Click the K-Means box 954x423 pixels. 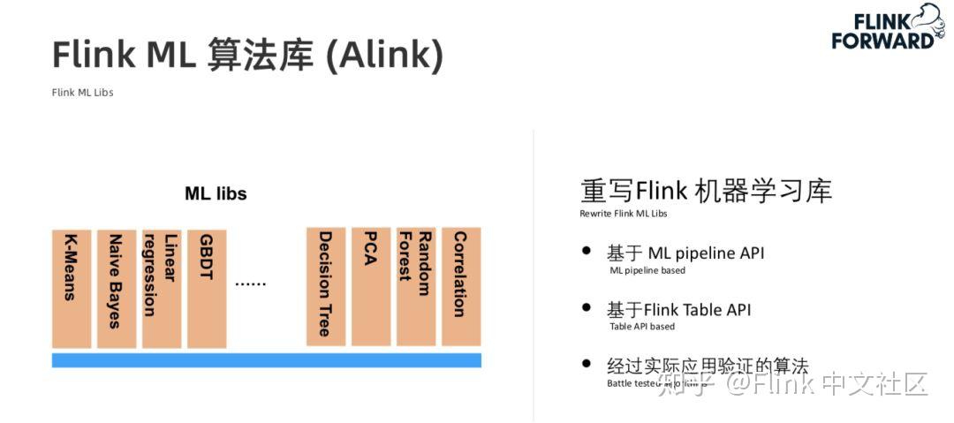tap(72, 287)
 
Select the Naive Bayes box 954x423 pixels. tap(117, 287)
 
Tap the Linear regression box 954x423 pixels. tap(162, 287)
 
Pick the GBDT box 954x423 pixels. tap(207, 287)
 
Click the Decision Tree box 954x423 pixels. tap(326, 287)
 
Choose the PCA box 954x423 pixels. tap(371, 287)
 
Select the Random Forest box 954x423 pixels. tap(416, 287)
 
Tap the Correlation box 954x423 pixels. tap(461, 287)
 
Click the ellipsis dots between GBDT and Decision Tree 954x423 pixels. tap(250, 284)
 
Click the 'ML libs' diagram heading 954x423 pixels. tap(216, 193)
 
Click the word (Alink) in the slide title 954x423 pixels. tap(384, 56)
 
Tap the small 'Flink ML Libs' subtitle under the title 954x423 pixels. tap(82, 93)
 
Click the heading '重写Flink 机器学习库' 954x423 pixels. tap(706, 191)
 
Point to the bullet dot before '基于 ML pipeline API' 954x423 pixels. tap(587, 251)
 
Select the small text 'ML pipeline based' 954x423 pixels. tap(647, 270)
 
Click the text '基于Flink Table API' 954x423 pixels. tap(678, 310)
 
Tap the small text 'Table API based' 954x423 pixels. tap(642, 327)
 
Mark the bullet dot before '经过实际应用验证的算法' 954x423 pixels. tap(587, 363)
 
